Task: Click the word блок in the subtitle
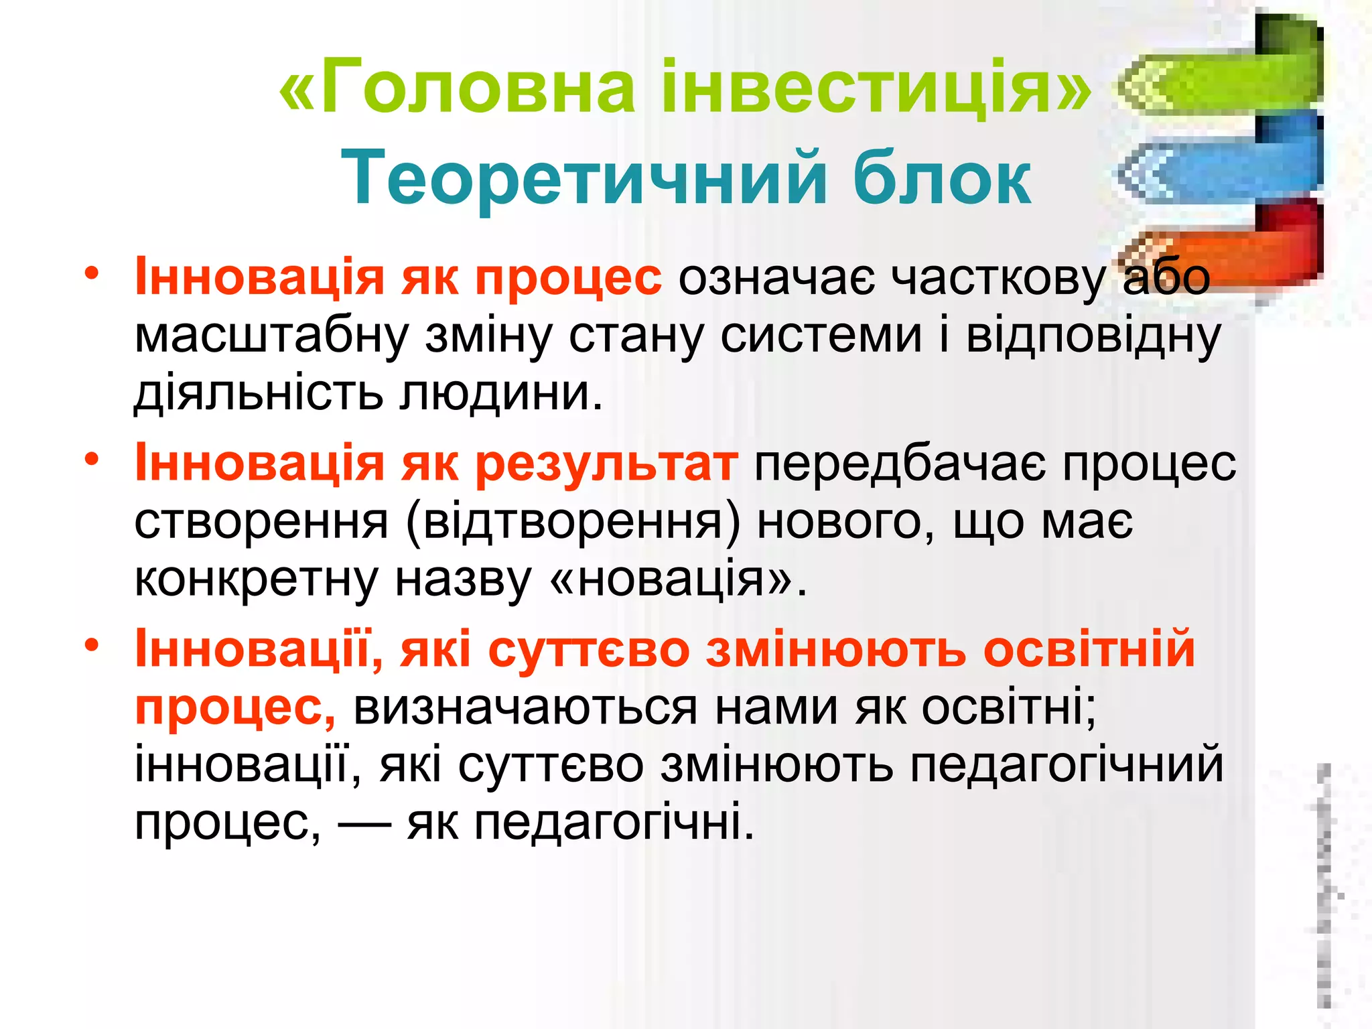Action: coord(942,178)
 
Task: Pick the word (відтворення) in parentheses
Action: coord(573,521)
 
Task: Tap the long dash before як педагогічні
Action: coord(364,823)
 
